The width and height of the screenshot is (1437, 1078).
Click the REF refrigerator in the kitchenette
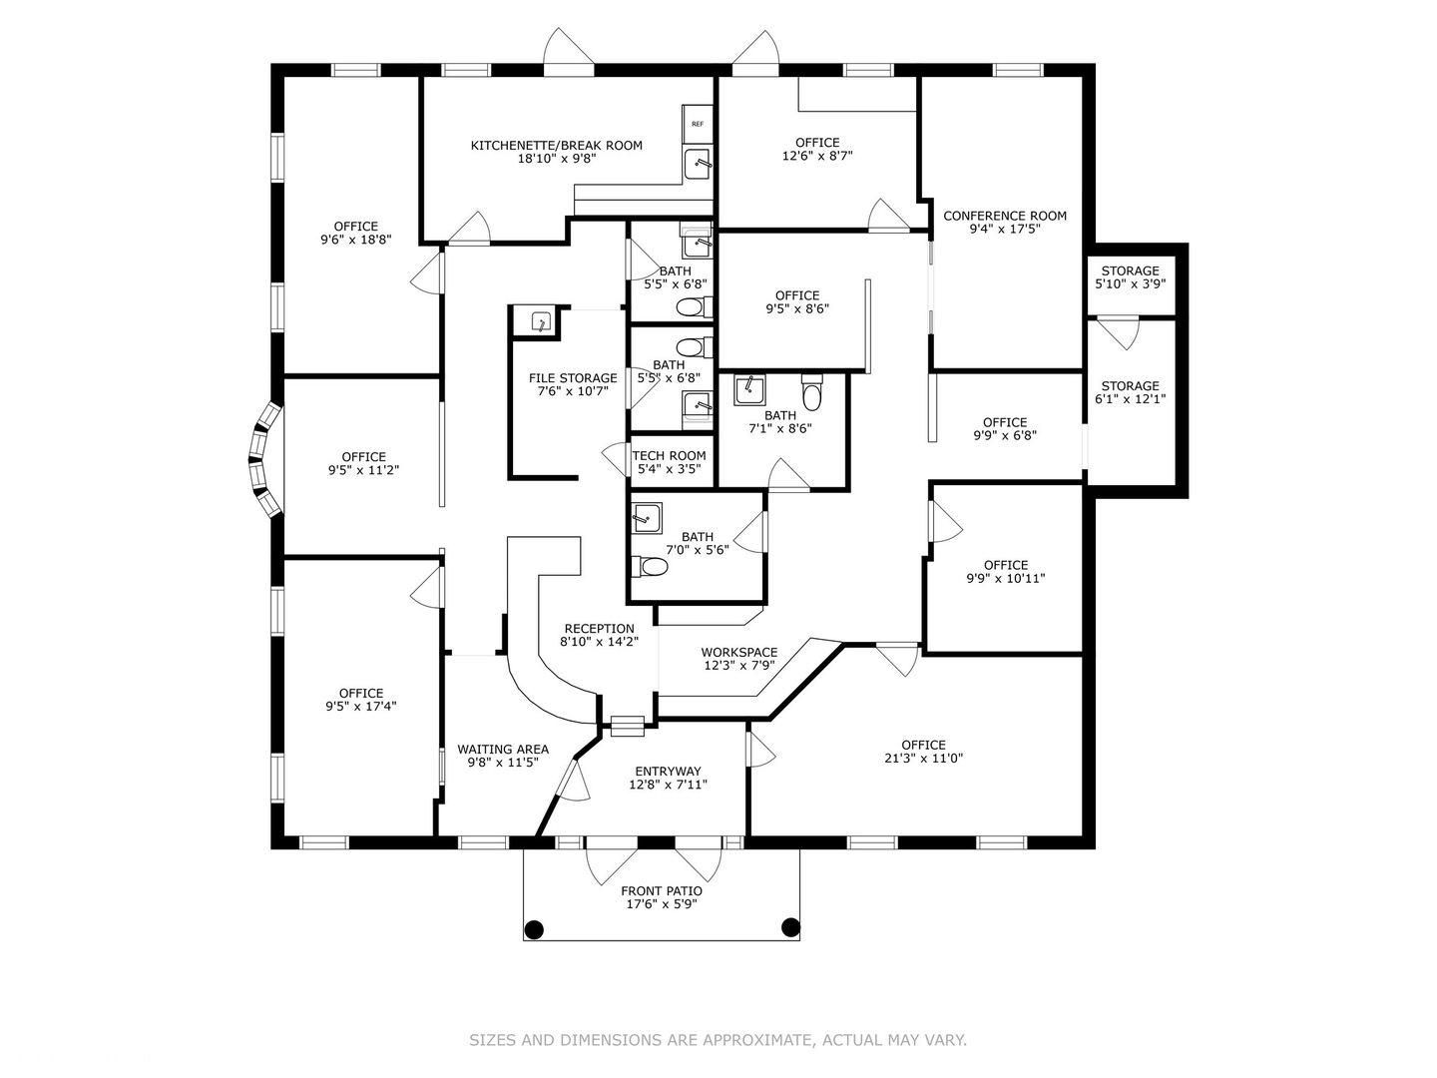tap(698, 124)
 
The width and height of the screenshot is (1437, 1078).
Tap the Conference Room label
tap(1004, 216)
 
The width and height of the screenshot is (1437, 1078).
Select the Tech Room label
tap(669, 455)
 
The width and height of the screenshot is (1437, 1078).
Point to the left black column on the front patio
tap(534, 928)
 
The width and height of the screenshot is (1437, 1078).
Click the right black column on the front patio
tap(790, 927)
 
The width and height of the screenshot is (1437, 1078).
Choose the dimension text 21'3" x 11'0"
tap(923, 759)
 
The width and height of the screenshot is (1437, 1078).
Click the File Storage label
tap(573, 377)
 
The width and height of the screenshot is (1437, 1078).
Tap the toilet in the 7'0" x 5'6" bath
tap(650, 566)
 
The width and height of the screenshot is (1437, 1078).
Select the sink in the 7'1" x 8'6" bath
tap(749, 390)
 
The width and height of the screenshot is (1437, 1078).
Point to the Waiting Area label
tap(503, 749)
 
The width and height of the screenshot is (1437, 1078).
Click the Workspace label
tap(739, 652)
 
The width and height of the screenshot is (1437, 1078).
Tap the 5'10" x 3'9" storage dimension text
tap(1130, 284)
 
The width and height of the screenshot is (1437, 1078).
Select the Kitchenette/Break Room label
tap(557, 146)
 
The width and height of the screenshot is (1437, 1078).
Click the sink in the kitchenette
tap(698, 163)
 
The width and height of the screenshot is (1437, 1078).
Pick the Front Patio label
tap(662, 890)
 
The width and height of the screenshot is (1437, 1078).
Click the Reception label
tap(599, 629)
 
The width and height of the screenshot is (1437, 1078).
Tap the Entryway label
tap(668, 771)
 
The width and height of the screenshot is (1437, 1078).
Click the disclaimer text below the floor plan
tap(718, 1039)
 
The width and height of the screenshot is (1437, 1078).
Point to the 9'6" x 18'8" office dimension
tap(355, 240)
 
